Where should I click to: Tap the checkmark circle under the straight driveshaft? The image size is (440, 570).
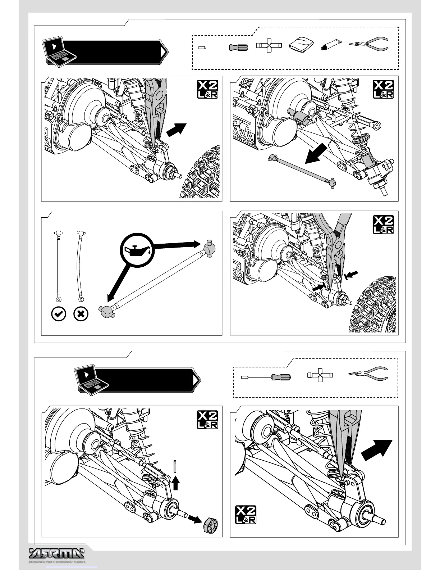(x=59, y=314)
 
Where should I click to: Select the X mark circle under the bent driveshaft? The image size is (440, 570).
(x=81, y=314)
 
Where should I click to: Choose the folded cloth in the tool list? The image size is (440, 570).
(x=301, y=46)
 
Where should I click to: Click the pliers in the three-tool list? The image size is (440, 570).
(x=368, y=374)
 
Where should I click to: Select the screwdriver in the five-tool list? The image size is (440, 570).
(x=223, y=47)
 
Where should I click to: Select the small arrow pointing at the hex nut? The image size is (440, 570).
(x=194, y=519)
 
